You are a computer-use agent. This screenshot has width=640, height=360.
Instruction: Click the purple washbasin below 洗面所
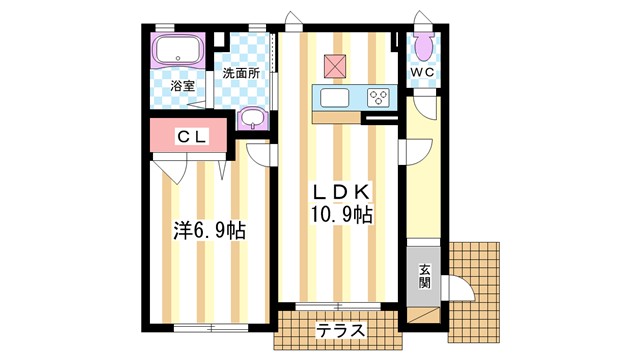tap(254, 120)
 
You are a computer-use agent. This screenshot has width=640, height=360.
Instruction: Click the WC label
tap(421, 73)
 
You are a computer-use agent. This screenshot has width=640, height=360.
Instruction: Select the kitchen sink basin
tap(333, 98)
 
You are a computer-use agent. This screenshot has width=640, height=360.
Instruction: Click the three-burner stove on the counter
tap(380, 98)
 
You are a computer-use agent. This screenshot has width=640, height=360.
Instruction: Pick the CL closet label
tap(192, 137)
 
